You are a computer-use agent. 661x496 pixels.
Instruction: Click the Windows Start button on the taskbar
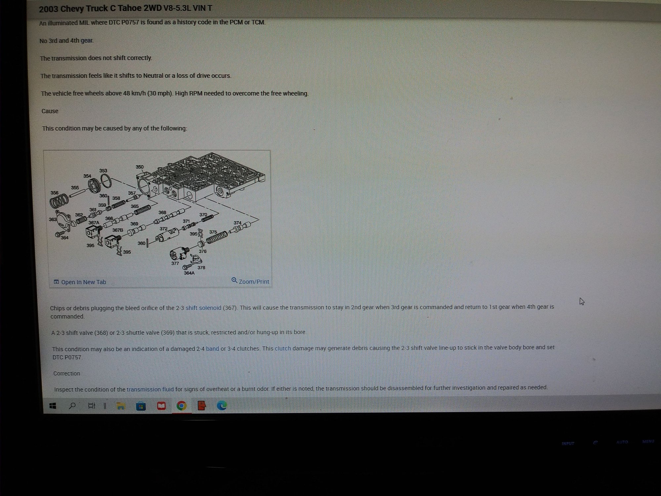click(x=53, y=406)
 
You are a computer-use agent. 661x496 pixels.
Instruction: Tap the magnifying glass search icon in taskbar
click(x=72, y=406)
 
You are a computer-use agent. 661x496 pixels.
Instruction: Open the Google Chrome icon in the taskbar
click(x=181, y=406)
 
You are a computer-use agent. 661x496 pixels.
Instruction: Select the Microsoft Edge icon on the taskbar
click(x=222, y=406)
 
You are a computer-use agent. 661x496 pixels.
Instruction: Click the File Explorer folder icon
click(x=121, y=406)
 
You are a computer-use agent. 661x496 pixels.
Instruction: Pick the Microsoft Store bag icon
click(x=141, y=406)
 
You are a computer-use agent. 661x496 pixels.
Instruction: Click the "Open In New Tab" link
click(x=80, y=282)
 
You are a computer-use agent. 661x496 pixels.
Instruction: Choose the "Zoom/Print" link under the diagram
click(x=250, y=281)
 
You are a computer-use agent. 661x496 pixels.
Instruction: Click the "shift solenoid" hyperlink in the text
click(x=203, y=308)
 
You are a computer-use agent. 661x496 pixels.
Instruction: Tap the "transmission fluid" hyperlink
click(x=150, y=389)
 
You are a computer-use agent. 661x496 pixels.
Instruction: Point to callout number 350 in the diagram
click(x=139, y=167)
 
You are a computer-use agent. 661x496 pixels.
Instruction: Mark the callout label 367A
click(x=94, y=223)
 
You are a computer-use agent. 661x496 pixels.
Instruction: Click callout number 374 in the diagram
click(x=237, y=223)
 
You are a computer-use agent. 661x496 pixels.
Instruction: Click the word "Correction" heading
click(x=67, y=373)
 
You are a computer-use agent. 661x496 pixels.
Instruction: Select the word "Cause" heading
click(x=50, y=111)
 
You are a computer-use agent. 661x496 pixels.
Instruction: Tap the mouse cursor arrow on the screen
click(x=582, y=301)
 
